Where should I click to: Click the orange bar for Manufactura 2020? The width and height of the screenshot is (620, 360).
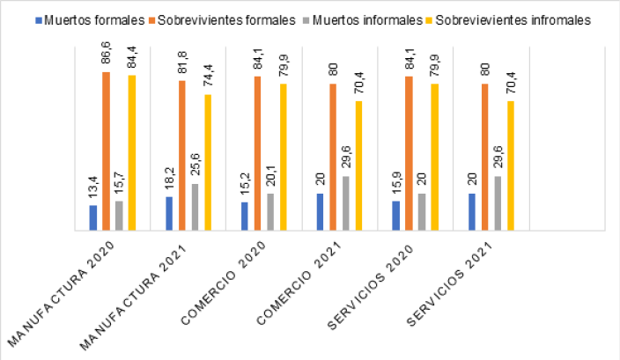[106, 151]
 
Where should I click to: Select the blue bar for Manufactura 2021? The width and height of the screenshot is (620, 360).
[169, 214]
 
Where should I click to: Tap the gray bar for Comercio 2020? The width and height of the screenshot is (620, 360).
[270, 212]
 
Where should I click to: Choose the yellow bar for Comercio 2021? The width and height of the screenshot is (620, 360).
[359, 165]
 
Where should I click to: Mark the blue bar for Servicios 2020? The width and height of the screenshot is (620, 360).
[396, 216]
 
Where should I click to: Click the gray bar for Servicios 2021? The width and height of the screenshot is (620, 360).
[498, 203]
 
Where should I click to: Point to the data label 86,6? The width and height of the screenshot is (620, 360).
[106, 56]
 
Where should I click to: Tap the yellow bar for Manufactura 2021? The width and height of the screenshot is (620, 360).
[207, 162]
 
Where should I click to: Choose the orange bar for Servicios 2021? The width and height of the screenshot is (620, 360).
[485, 157]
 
